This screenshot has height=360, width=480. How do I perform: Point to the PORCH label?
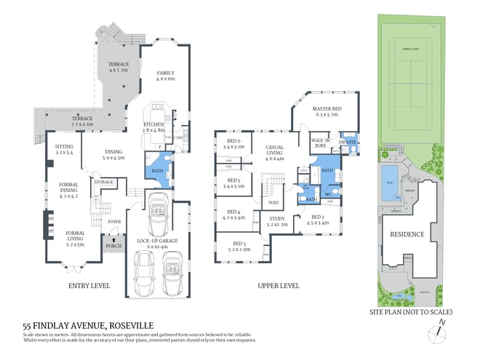[x=113, y=245]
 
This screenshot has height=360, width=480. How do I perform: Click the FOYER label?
[x=114, y=223]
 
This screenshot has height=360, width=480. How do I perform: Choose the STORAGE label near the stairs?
[x=104, y=182]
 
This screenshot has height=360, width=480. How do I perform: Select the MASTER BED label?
[x=327, y=109]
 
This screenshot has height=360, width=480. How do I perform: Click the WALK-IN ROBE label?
[x=321, y=142]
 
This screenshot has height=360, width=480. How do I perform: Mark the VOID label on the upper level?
[x=273, y=203]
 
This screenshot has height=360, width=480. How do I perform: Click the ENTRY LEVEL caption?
[x=89, y=286]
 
